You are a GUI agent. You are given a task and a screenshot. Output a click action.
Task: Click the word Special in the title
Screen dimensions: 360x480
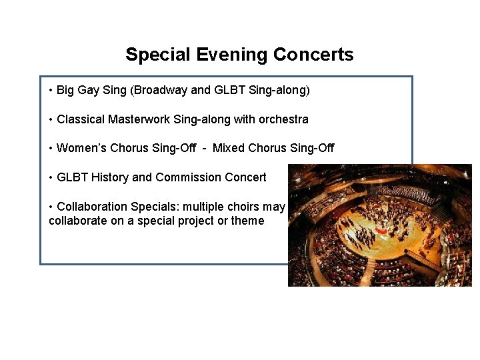(x=158, y=55)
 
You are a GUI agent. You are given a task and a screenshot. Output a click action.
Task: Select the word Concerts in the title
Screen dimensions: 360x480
(x=312, y=55)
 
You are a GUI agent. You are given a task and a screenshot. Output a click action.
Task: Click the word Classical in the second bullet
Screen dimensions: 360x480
(x=81, y=119)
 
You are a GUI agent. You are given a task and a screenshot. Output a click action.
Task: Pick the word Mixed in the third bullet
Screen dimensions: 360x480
(x=229, y=148)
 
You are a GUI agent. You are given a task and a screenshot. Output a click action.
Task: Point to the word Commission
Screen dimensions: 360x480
(x=185, y=177)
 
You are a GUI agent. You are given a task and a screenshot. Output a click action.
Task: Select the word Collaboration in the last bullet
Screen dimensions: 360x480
(x=90, y=207)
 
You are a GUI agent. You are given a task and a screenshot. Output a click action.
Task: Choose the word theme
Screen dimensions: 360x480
(x=247, y=221)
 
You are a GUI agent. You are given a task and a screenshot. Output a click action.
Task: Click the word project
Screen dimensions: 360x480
(x=195, y=221)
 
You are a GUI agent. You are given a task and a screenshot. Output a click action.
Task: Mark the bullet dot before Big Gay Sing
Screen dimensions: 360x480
(x=51, y=90)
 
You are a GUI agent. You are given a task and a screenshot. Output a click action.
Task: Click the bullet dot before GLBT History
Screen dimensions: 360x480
(x=51, y=178)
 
